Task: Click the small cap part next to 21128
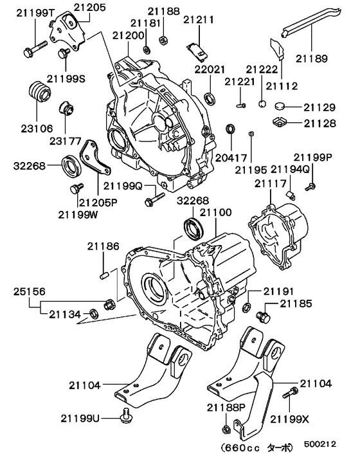coord(281,120)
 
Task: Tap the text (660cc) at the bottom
coord(240,444)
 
